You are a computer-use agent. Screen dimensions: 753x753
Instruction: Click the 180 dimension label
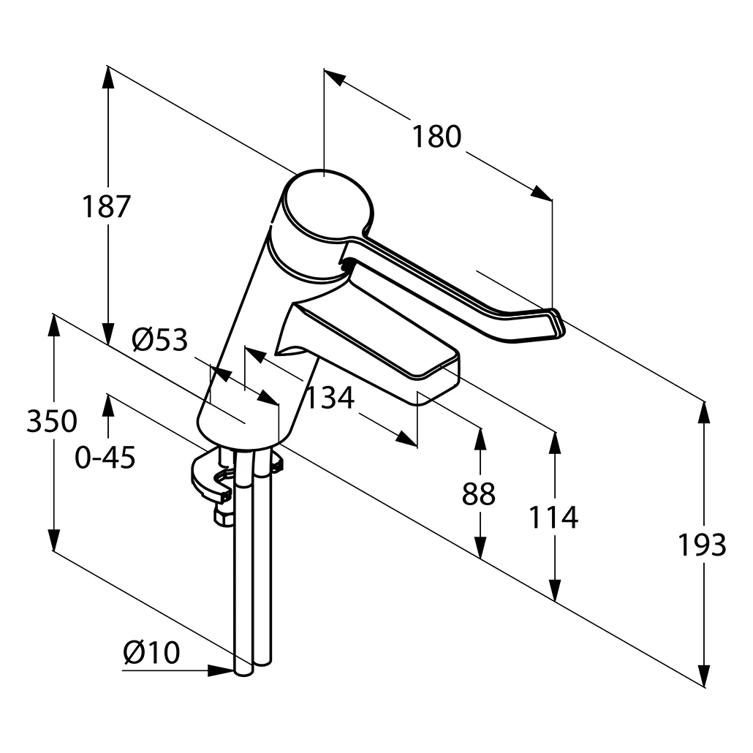click(436, 137)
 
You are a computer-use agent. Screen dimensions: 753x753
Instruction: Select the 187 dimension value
click(105, 207)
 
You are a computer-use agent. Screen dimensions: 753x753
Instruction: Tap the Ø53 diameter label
click(159, 340)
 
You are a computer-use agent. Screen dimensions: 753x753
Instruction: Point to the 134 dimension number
click(329, 398)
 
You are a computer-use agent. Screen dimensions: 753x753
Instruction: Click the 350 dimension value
click(51, 422)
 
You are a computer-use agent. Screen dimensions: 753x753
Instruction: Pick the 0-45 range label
click(105, 458)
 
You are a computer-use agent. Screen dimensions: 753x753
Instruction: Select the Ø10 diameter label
click(151, 652)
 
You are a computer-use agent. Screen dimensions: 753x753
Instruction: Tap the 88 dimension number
click(479, 495)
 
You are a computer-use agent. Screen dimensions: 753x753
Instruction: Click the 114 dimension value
click(553, 518)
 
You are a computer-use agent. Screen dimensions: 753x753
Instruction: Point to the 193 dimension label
click(702, 545)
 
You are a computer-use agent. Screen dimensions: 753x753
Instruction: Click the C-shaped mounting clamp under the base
click(212, 479)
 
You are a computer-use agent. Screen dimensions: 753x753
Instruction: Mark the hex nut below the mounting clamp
click(223, 516)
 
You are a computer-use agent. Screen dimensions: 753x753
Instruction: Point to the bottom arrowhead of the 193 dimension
click(704, 676)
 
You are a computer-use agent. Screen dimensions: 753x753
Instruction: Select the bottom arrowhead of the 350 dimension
click(53, 540)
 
